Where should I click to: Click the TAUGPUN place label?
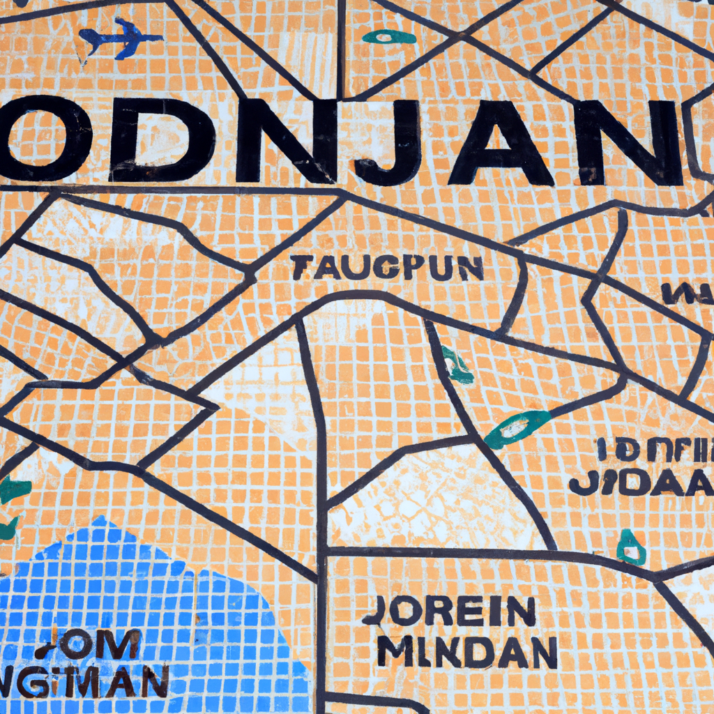(388, 268)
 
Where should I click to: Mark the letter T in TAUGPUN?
(302, 268)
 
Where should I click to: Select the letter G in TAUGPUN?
(373, 268)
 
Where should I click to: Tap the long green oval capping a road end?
(517, 427)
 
